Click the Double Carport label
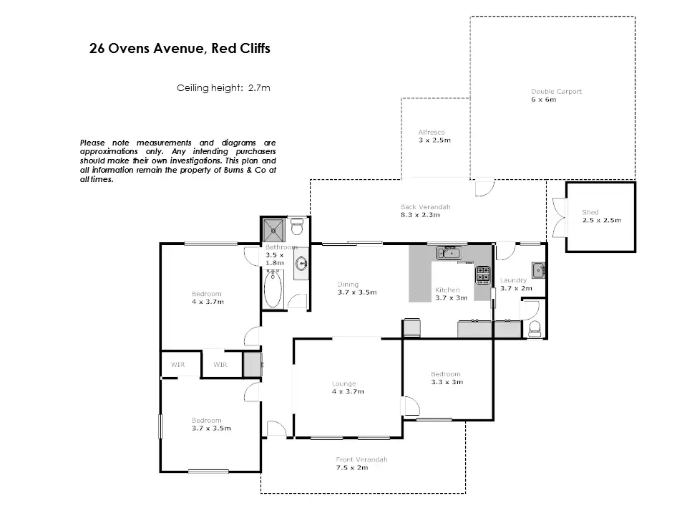[x=556, y=91]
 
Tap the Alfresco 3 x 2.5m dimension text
[x=434, y=140]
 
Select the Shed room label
[x=590, y=212]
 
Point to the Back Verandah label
[x=425, y=206]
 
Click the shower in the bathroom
[x=274, y=229]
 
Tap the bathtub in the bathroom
[x=273, y=289]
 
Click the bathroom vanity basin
[x=301, y=264]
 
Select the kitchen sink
[x=449, y=253]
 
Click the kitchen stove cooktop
[x=483, y=274]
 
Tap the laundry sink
[x=538, y=269]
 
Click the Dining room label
[x=348, y=285]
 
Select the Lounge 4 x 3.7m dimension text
[x=348, y=391]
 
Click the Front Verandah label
[x=361, y=459]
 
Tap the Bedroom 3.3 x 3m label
[x=446, y=378]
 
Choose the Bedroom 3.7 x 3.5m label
[x=211, y=424]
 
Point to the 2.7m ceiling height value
[x=259, y=87]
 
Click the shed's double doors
[x=560, y=218]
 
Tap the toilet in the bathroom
[x=298, y=227]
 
